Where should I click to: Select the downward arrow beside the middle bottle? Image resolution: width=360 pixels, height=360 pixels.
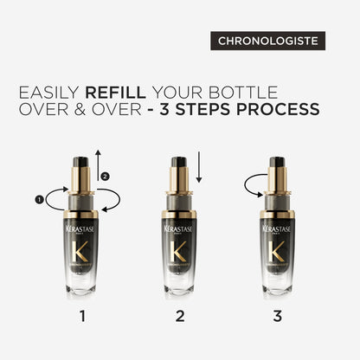[200, 167]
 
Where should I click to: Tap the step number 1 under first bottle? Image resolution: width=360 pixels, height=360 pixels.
[83, 316]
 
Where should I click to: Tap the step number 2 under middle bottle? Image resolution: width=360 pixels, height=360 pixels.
[180, 316]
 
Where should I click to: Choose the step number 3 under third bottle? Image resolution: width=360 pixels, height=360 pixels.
[277, 316]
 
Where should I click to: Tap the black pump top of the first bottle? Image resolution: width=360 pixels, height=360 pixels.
[83, 162]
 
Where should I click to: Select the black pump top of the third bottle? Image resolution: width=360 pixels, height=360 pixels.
[277, 162]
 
